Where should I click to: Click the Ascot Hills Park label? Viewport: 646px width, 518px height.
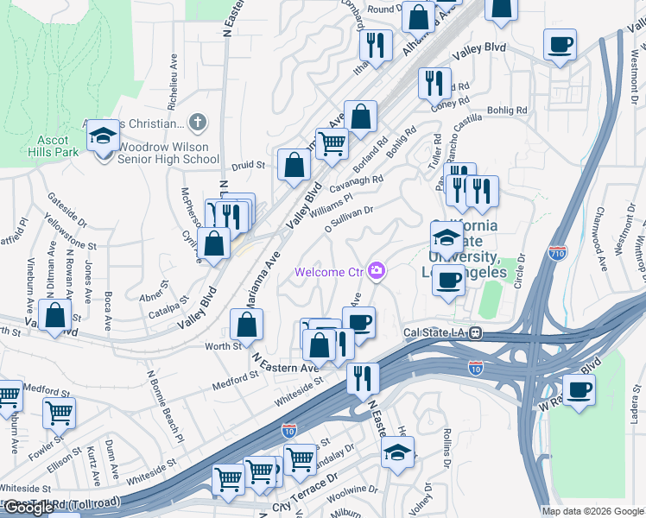(x=58, y=146)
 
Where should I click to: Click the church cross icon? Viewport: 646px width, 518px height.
(x=198, y=123)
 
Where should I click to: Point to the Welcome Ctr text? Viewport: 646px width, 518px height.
(x=329, y=272)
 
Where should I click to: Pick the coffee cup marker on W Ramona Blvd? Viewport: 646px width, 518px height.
(x=579, y=389)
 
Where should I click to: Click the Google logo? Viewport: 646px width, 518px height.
(x=28, y=508)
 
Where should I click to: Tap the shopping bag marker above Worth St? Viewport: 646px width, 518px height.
(x=247, y=325)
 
